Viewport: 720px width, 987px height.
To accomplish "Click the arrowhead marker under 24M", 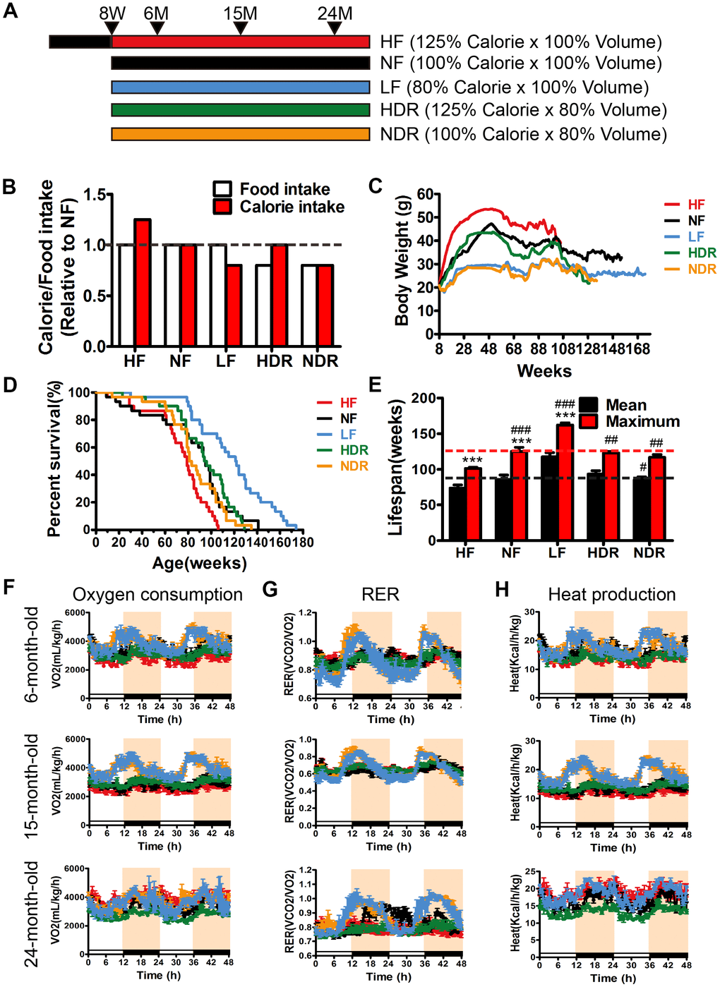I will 335,28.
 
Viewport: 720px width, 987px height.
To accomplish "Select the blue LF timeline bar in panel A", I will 240,87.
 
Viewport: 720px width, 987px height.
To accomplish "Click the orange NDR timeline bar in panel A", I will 240,134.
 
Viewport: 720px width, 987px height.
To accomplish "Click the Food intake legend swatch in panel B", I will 222,189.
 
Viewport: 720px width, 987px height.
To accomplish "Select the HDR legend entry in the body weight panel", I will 702,253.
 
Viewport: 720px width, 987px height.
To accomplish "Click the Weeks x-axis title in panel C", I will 544,371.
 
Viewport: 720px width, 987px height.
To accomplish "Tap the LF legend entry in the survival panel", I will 348,435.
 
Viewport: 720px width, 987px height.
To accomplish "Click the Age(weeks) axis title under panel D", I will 200,563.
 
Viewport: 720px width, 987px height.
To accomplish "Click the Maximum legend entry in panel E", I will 642,422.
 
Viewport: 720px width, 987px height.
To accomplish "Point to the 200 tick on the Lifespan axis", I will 424,399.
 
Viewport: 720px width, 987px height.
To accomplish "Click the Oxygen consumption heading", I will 157,595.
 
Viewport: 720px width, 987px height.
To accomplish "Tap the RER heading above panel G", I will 380,595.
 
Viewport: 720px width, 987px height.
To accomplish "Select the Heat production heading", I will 611,595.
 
